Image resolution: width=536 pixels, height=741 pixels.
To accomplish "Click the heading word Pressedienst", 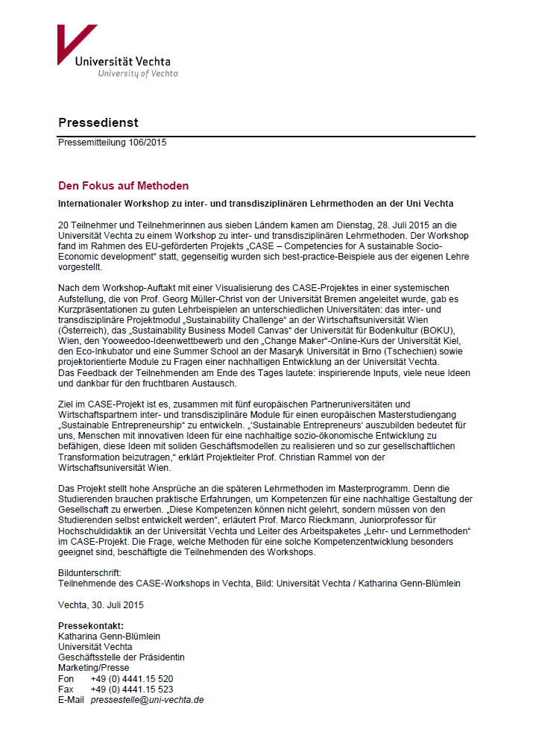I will coord(98,122).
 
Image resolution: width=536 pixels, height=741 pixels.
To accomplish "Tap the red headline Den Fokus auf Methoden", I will coord(123,186).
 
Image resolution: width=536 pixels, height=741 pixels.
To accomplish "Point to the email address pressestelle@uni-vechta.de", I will coord(147,700).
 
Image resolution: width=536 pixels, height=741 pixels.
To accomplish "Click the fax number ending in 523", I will coord(132,690).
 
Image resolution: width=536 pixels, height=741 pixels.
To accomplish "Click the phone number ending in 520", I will coord(132,679).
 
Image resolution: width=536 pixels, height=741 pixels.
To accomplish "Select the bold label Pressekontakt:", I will coord(90,625).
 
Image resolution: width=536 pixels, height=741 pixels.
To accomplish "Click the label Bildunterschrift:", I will coord(89,552).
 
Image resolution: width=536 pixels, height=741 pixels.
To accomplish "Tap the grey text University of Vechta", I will coord(138,74).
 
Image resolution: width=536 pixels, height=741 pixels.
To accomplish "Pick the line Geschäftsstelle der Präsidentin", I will coord(121,657).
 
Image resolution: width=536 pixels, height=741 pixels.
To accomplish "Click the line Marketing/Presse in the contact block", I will coord(93,668).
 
